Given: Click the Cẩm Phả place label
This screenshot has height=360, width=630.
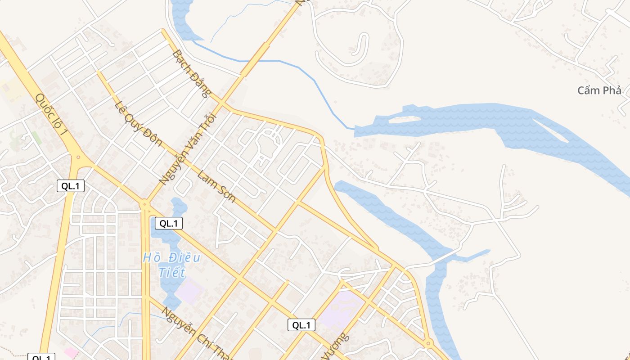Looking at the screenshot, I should point(599,90).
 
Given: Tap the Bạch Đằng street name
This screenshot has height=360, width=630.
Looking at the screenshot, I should point(191,74).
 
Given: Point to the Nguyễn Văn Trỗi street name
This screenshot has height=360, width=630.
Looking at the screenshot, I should point(188,149).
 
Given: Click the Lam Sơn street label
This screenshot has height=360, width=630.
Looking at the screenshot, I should point(216,186).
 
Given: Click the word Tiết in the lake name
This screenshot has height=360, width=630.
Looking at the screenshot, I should point(171,272).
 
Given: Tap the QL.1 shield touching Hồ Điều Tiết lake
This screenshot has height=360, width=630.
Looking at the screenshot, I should point(169,223).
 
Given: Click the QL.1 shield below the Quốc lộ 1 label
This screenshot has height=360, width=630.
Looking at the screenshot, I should point(71,186).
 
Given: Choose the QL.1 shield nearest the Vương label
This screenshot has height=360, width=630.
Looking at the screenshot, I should point(301,325).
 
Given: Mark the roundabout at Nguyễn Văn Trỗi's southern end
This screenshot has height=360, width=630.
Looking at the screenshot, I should point(145,204).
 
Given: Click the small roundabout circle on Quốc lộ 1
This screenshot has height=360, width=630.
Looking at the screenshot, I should point(78,157).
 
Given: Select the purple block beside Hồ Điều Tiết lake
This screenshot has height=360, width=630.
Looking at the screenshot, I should point(189,290).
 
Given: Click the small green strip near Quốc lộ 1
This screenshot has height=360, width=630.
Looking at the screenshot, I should point(36,138).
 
